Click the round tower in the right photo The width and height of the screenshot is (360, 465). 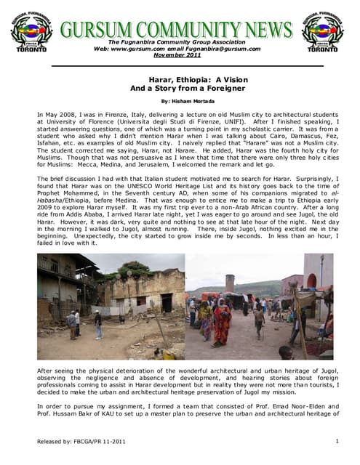pos(230,284)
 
